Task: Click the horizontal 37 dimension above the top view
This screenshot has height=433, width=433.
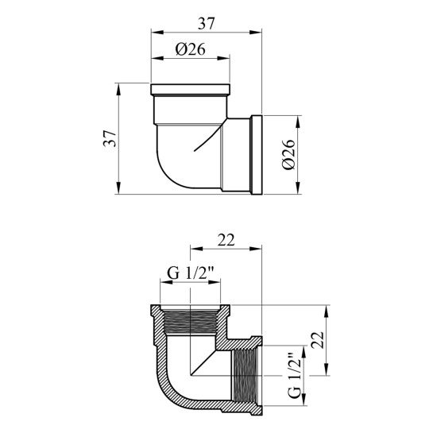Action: tap(206, 24)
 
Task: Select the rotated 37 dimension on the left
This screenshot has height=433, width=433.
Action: tap(110, 138)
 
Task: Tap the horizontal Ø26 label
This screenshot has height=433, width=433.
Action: tap(190, 49)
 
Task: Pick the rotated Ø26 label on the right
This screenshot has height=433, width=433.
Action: tap(289, 155)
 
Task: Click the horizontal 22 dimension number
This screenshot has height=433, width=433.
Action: tap(226, 240)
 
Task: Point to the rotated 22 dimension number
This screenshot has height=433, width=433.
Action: tap(317, 340)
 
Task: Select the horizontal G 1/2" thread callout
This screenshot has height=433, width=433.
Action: tap(191, 273)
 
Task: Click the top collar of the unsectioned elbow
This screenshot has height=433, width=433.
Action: tap(190, 90)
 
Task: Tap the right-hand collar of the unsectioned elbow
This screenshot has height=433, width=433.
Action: tap(257, 155)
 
